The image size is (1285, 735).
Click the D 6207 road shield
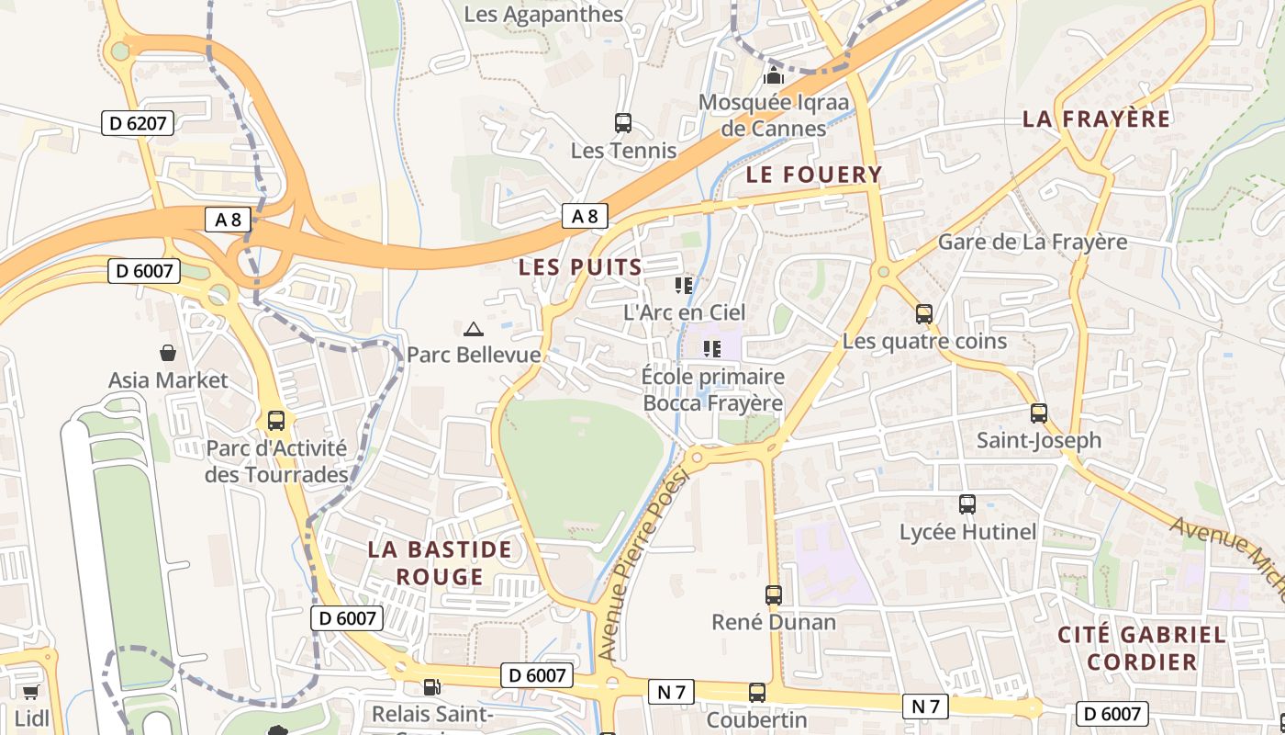click(x=138, y=123)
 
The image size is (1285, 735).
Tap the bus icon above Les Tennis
click(x=623, y=122)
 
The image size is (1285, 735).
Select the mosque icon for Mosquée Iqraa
click(x=774, y=74)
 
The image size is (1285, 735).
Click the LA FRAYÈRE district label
click(x=1096, y=119)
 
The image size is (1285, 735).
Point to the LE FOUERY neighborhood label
click(x=813, y=175)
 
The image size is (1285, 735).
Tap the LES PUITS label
click(x=580, y=267)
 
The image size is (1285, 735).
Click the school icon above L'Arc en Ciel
click(x=684, y=286)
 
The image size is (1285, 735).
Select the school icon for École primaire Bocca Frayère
click(x=712, y=349)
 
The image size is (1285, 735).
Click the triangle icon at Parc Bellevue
click(x=473, y=329)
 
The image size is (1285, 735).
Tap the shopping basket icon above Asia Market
click(x=168, y=353)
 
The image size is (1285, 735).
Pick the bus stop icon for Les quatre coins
click(x=924, y=314)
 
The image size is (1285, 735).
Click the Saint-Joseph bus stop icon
click(x=1038, y=413)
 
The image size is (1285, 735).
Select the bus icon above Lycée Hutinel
click(x=967, y=504)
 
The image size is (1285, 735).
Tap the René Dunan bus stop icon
click(x=774, y=595)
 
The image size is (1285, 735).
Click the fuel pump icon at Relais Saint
click(x=430, y=686)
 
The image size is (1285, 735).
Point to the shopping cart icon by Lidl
click(x=30, y=692)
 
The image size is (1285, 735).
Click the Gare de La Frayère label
click(x=1032, y=243)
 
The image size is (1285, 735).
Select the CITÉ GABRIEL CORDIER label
click(x=1141, y=648)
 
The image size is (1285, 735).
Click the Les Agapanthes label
click(x=543, y=15)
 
